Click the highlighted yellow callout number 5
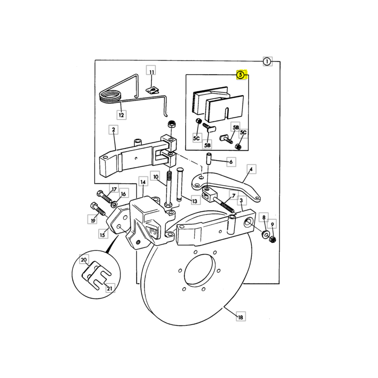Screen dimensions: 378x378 click(241, 75)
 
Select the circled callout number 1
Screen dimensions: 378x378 click(267, 62)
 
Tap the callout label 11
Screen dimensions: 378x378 click(151, 72)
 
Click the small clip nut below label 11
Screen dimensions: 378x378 click(153, 90)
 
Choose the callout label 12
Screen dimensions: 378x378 click(121, 115)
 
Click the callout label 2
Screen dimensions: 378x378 click(113, 130)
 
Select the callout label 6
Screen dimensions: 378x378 click(231, 162)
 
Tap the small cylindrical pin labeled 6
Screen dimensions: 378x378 click(208, 158)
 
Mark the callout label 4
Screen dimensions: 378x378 click(251, 169)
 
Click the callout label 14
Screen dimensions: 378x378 click(143, 182)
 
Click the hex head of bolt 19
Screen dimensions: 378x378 click(94, 206)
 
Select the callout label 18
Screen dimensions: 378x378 click(241, 317)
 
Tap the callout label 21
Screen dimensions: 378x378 click(110, 288)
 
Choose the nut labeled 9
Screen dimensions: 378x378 click(272, 240)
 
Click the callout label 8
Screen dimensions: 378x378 click(264, 217)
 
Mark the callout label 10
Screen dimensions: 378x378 click(156, 177)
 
